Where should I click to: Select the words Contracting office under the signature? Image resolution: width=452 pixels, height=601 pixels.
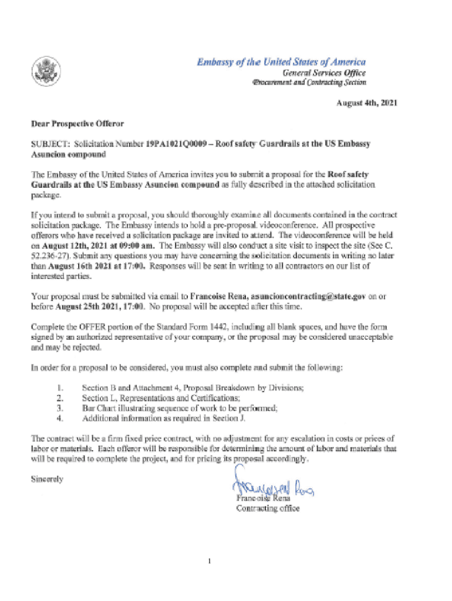(x=268, y=508)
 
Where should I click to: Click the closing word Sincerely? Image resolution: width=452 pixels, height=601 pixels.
(x=47, y=479)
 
